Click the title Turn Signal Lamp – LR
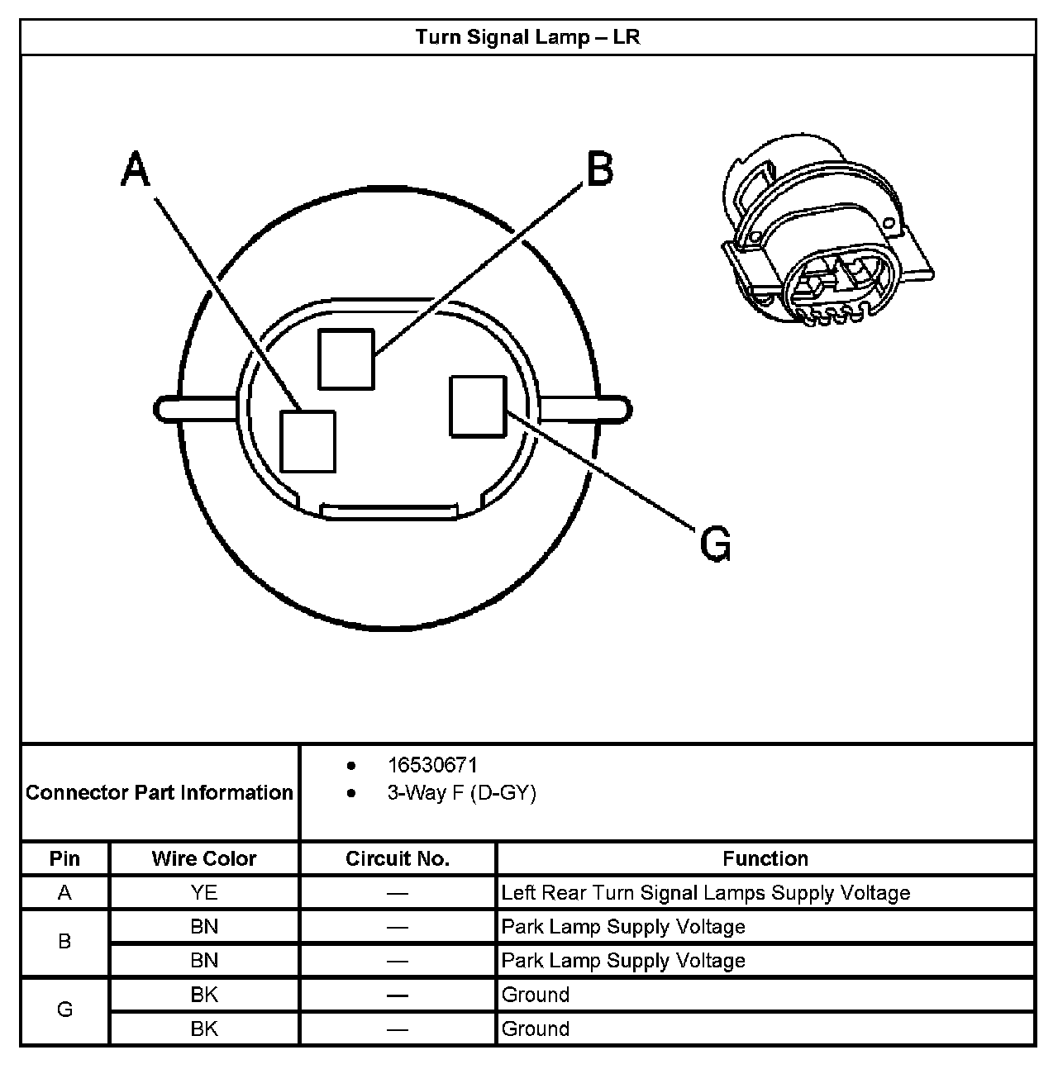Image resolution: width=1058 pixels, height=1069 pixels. click(x=527, y=37)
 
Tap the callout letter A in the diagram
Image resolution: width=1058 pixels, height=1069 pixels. click(x=136, y=170)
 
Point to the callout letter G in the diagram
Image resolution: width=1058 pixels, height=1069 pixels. click(x=715, y=544)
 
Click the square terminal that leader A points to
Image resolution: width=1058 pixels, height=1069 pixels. click(x=308, y=441)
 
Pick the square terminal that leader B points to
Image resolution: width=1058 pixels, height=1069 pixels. click(x=346, y=359)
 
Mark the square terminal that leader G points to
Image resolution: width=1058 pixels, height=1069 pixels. click(x=478, y=406)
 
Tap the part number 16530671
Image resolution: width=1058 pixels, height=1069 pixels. click(x=432, y=765)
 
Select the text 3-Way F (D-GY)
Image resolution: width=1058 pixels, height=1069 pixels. click(x=461, y=793)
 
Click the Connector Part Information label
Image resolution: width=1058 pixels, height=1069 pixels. click(x=160, y=793)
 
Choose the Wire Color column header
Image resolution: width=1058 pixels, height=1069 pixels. click(x=204, y=859)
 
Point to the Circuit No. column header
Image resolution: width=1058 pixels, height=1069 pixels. click(x=398, y=859)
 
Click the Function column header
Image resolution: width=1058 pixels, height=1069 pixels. click(x=765, y=859)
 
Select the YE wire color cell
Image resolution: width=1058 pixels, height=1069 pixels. click(x=204, y=893)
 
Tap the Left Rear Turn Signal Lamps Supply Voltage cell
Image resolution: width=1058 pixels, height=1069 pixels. click(x=705, y=893)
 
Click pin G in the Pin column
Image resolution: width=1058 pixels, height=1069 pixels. click(x=64, y=1010)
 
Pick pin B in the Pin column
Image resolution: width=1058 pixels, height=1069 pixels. click(x=64, y=942)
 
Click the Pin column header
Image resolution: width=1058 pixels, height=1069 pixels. click(x=64, y=859)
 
